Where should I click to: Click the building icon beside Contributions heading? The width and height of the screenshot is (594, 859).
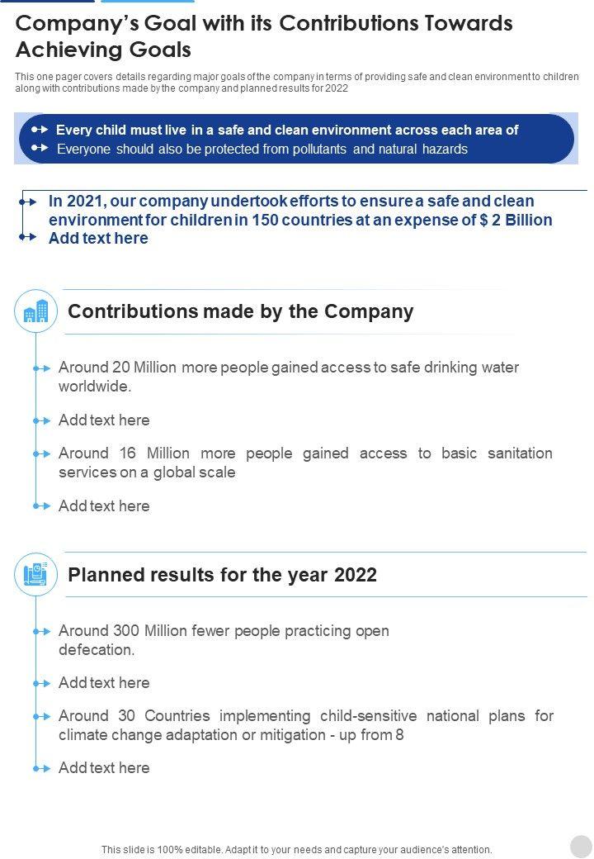[x=36, y=311]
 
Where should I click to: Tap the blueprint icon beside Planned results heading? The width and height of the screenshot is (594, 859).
[x=36, y=575]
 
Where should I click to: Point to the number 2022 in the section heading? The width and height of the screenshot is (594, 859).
[x=356, y=575]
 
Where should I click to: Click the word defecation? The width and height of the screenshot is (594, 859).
[x=96, y=650]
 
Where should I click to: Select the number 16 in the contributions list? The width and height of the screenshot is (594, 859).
[x=127, y=453]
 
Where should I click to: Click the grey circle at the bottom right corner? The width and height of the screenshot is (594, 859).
[x=581, y=846]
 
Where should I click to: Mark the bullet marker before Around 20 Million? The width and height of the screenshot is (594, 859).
[x=42, y=368]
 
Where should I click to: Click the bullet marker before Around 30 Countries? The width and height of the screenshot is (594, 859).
[x=42, y=717]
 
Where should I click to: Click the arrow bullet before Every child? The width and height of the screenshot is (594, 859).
[x=40, y=130]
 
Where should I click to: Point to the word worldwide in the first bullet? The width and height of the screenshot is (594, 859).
[x=93, y=387]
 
